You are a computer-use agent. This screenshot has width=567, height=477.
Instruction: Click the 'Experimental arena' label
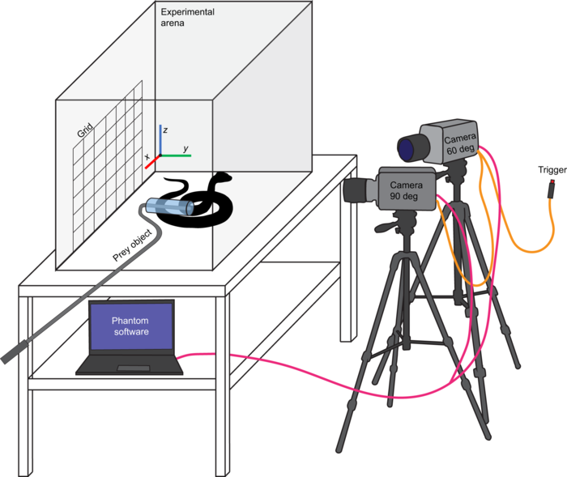point(188,17)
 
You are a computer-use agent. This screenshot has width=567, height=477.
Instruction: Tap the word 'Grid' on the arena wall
point(85,130)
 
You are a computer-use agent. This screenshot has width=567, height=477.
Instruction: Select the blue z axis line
point(160,140)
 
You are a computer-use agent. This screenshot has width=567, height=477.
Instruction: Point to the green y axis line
point(176,155)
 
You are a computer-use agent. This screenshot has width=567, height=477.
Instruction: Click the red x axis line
point(152,162)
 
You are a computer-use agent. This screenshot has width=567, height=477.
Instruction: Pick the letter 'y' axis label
point(185,148)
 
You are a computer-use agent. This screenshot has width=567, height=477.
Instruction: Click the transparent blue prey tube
point(170,207)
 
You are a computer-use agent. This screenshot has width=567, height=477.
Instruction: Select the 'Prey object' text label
point(132,245)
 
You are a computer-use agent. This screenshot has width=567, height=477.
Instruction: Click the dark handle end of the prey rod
point(15,351)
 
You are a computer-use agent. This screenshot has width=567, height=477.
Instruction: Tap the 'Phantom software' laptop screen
point(131,326)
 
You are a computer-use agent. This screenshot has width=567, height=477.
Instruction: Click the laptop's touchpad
point(134,368)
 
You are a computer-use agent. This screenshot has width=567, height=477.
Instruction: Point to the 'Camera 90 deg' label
point(405,190)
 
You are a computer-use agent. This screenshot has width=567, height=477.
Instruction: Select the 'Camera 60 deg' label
point(460,143)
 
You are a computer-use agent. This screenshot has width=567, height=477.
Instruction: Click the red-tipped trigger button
point(551,188)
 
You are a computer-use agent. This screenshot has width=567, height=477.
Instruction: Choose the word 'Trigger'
point(552,169)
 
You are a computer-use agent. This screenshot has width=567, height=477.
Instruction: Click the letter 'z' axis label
point(165,130)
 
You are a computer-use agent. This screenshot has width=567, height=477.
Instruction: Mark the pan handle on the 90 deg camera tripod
point(386,226)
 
